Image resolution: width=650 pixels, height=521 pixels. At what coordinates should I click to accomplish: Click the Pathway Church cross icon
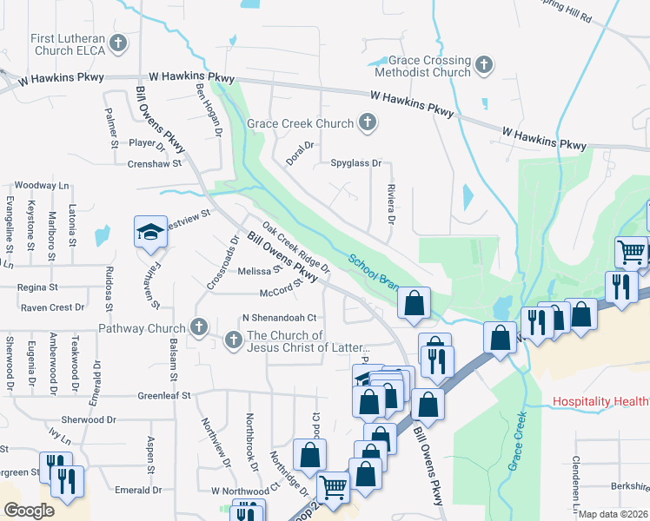tap(199, 328)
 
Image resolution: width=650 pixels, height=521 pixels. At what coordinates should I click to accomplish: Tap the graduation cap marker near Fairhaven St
tap(149, 232)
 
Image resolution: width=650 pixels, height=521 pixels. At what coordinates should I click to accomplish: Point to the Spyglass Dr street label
tap(355, 162)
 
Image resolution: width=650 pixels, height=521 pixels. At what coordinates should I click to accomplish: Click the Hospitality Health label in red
tap(600, 401)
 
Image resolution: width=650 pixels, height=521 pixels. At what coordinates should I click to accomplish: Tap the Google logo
tap(29, 511)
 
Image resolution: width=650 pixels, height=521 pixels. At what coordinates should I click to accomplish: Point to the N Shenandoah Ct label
tap(279, 319)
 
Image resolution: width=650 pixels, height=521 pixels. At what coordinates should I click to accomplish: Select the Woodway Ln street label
tap(41, 185)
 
